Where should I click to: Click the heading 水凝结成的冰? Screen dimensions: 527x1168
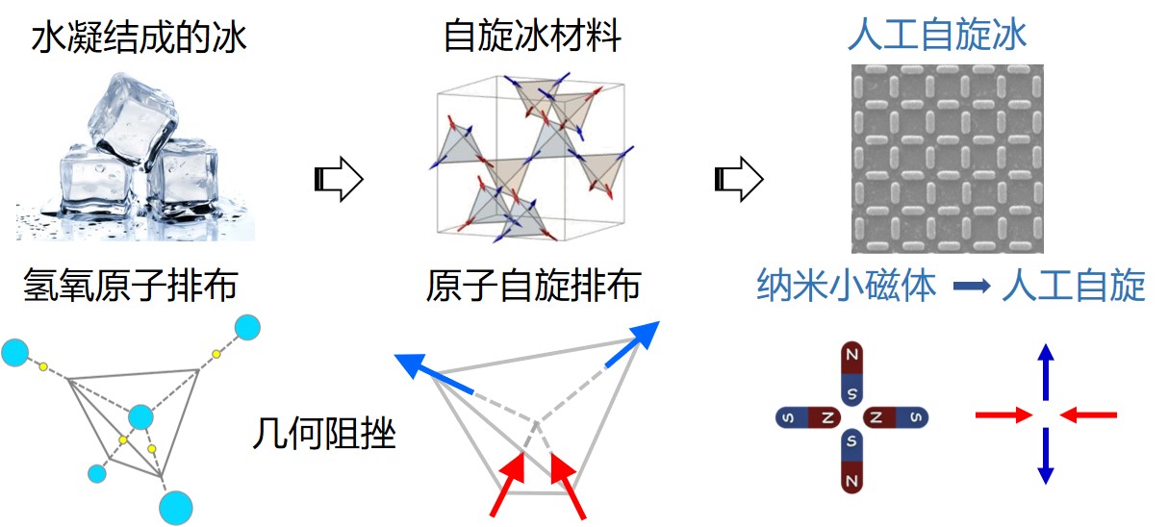click(139, 38)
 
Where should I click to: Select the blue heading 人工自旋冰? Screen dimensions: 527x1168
click(937, 36)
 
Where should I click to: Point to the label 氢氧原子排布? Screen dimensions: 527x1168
click(132, 286)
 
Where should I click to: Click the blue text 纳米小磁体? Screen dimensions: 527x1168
click(846, 286)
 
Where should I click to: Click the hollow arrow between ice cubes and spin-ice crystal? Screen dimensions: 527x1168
click(338, 179)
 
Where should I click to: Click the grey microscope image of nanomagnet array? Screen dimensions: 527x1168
click(947, 159)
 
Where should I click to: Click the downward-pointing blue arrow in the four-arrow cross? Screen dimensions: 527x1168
click(1046, 457)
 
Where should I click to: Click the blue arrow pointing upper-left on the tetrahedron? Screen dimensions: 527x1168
click(433, 374)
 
